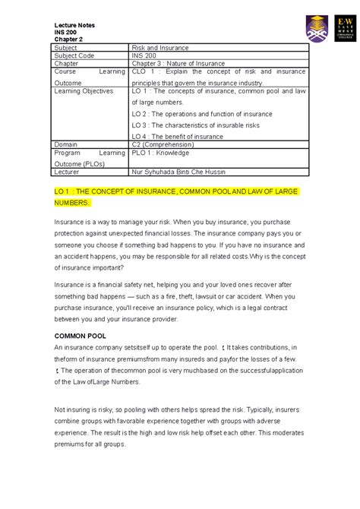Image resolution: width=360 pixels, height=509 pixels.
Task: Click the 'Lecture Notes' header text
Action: (74, 25)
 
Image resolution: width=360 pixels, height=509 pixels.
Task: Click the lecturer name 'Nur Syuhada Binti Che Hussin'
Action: (182, 172)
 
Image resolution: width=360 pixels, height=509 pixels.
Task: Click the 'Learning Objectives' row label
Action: (84, 90)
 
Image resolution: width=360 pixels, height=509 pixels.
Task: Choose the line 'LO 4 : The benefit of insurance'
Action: (178, 137)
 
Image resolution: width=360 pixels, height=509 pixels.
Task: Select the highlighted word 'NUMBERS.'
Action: (72, 204)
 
